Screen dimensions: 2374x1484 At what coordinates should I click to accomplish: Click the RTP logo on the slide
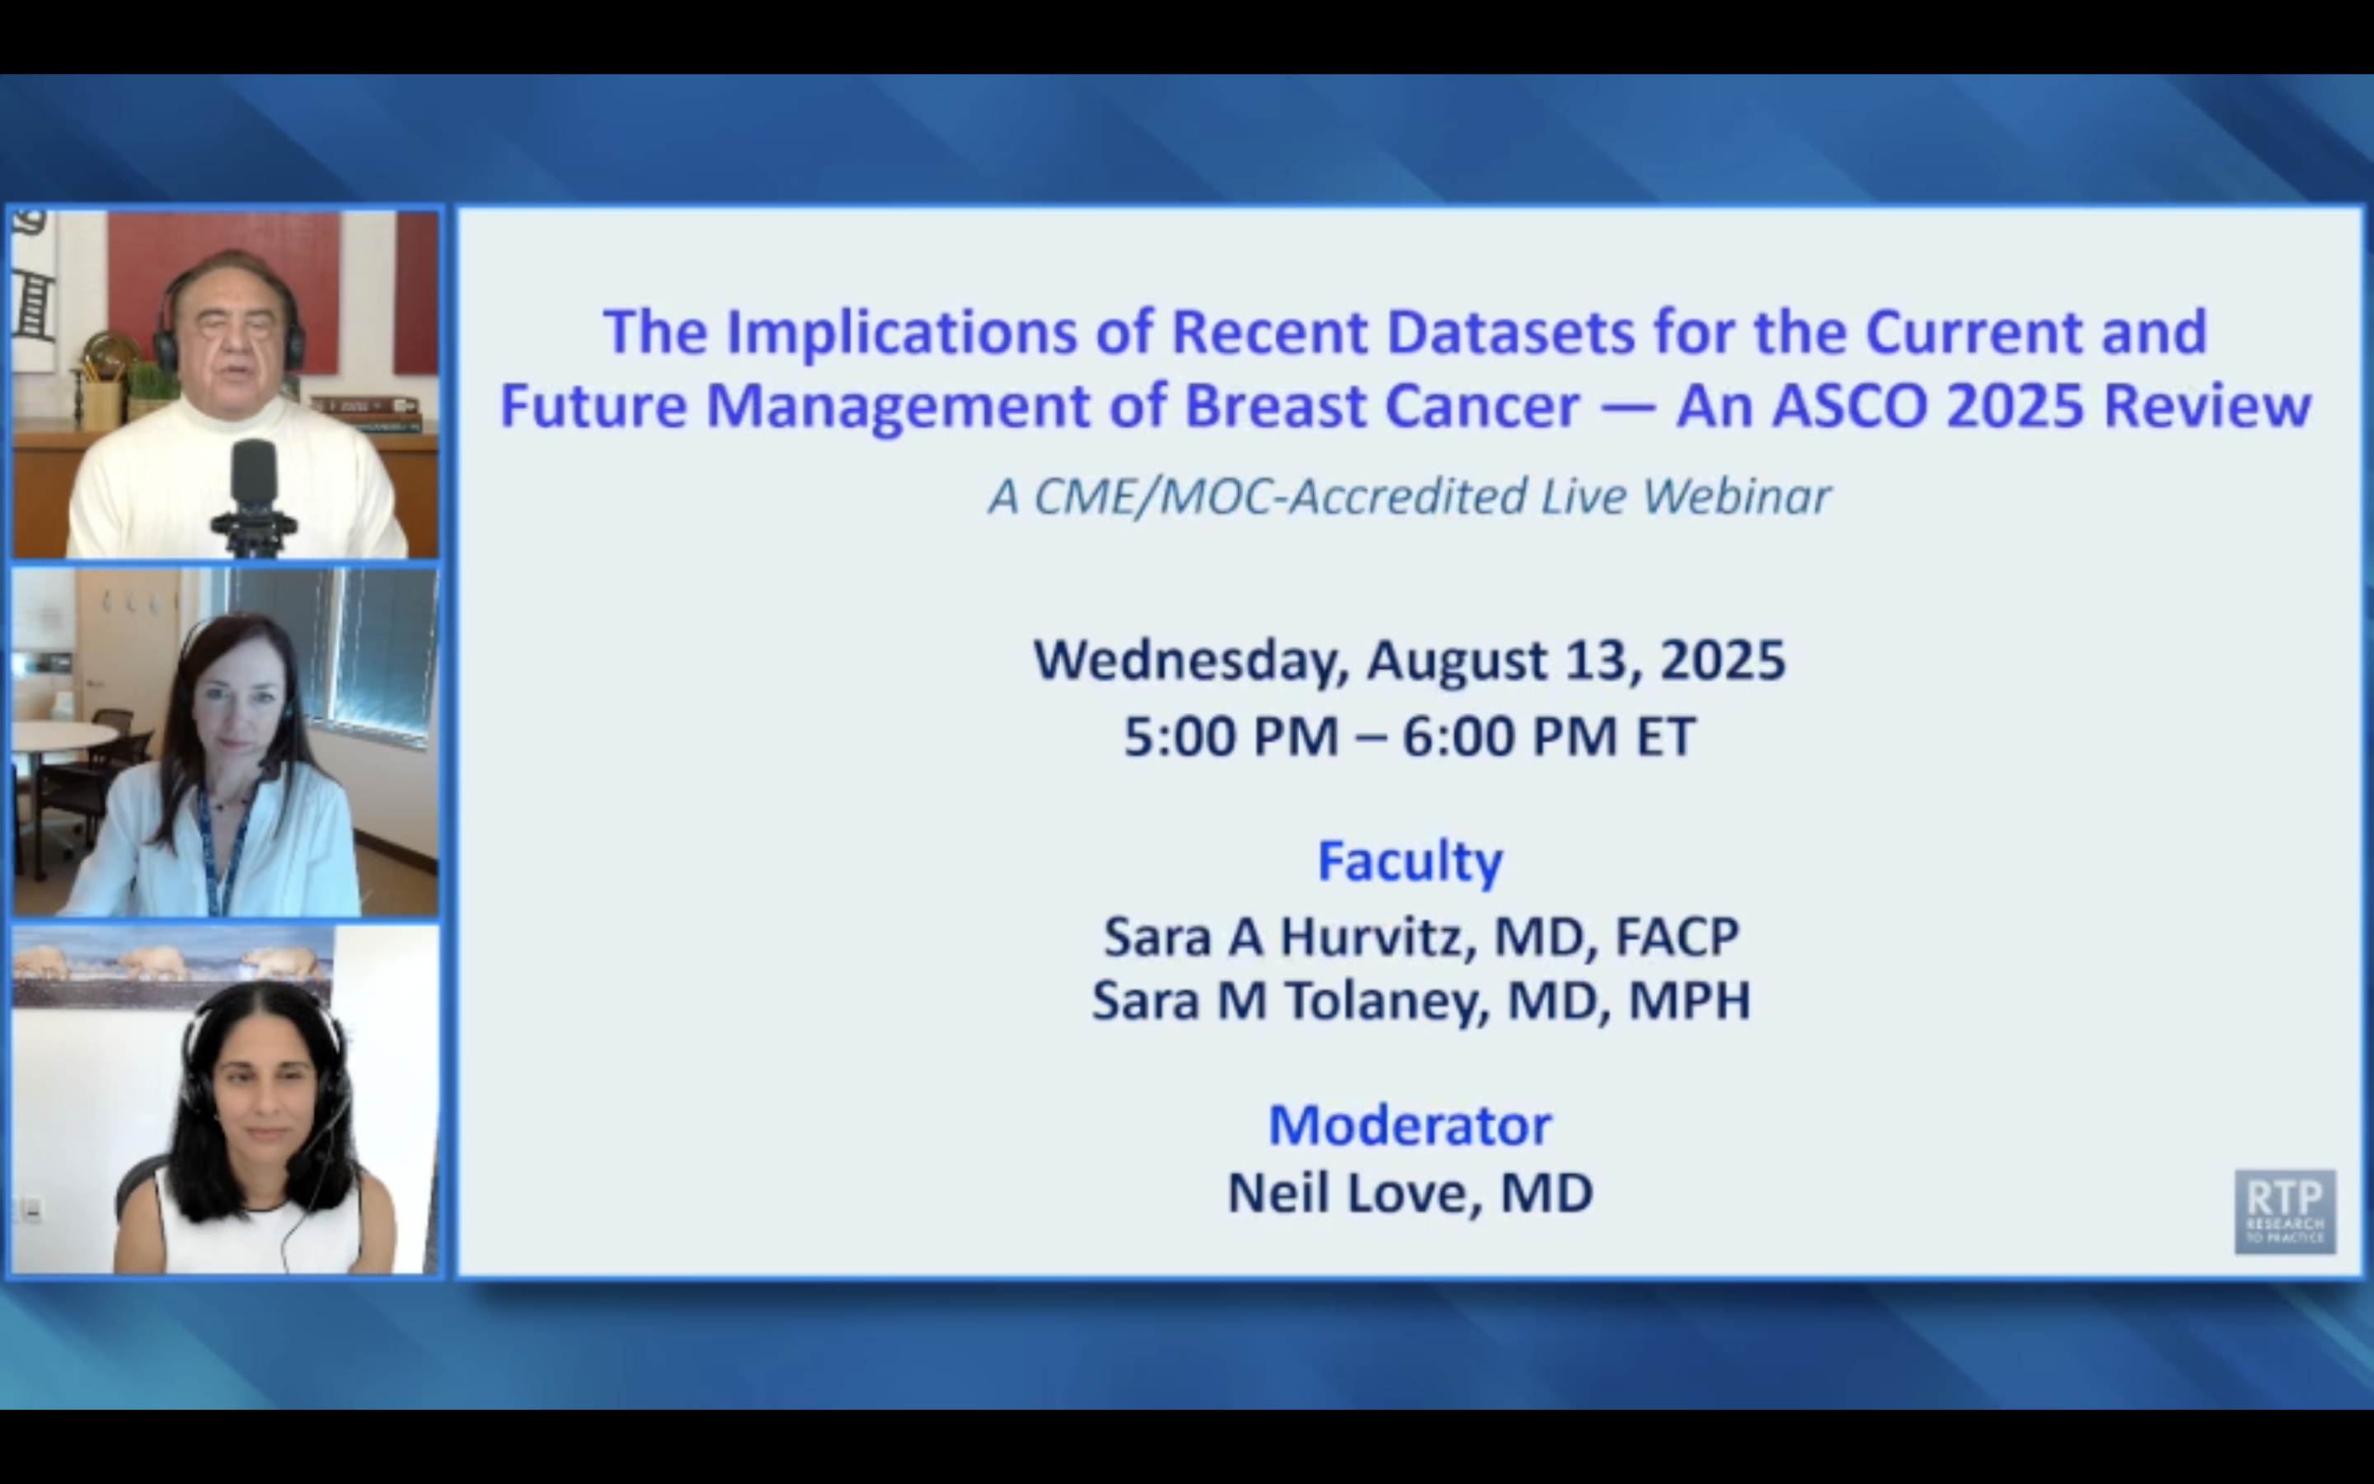2285,1211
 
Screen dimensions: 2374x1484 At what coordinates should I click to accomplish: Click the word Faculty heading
1410,862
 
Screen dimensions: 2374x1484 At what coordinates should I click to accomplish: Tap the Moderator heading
1410,1125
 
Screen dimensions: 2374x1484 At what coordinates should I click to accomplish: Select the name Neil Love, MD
1410,1194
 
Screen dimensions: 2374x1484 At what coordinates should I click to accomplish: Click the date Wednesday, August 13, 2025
1409,660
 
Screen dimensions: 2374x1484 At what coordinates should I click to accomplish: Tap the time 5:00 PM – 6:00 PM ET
1409,737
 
